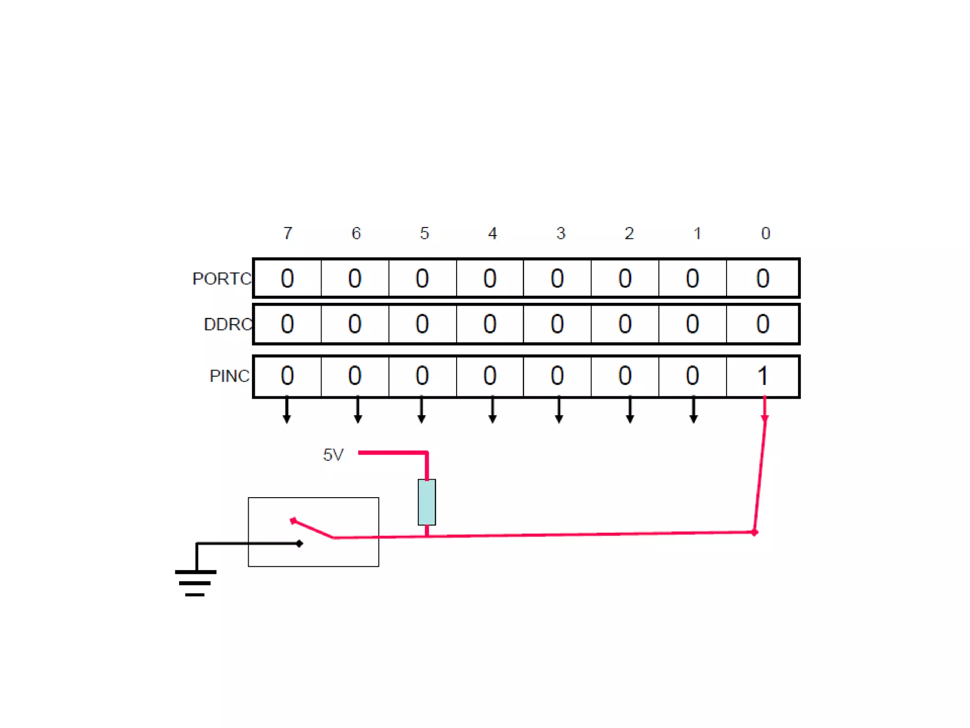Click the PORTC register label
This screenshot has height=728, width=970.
[x=221, y=279]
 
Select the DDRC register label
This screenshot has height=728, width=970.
[x=227, y=325]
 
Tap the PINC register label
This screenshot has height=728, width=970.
[x=229, y=376]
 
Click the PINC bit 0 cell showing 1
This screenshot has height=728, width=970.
[x=762, y=376]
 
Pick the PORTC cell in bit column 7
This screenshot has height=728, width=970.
[x=287, y=278]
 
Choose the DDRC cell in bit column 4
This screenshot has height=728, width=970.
[x=490, y=324]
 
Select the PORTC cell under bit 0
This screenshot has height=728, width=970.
[x=762, y=278]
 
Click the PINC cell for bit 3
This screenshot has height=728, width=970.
[x=557, y=376]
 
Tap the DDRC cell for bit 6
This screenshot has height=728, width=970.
[x=355, y=324]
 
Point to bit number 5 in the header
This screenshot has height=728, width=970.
[x=424, y=233]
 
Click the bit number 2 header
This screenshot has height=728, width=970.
[x=629, y=233]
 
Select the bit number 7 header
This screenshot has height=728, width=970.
[x=288, y=233]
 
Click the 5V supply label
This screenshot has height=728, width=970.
[x=333, y=455]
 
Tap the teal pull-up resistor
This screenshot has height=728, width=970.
[x=427, y=502]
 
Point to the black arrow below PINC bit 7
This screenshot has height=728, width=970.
[x=287, y=411]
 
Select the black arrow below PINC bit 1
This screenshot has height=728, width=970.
[x=693, y=411]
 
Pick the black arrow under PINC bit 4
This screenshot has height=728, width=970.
[x=493, y=411]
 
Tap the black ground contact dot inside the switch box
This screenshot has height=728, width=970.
[x=299, y=544]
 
